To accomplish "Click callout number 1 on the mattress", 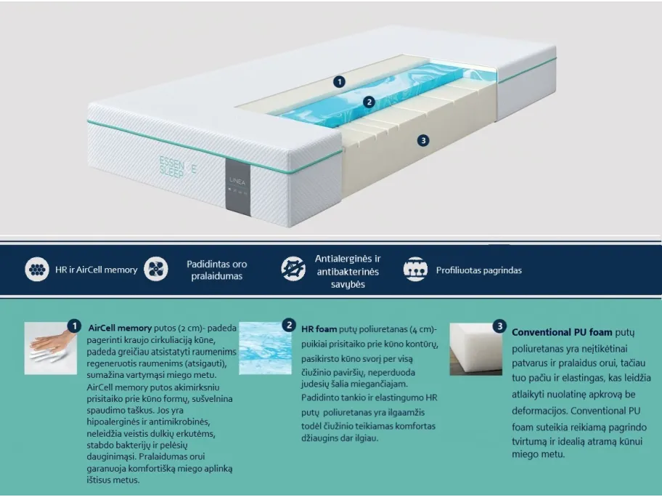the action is point(339,81).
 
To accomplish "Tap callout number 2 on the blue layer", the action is point(369,102).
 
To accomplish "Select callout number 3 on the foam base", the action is point(423,141).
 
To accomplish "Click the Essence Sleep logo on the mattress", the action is point(178,167).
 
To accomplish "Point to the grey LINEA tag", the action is point(237,187).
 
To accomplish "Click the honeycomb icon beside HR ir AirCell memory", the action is point(37,269).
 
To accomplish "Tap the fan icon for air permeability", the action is point(156,269).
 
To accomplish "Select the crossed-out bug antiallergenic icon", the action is point(293,269).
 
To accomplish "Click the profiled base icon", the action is point(415,269).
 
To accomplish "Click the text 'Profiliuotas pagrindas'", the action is point(479,270).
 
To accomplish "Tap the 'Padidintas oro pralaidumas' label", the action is point(216,270).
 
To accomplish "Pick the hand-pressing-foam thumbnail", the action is point(51,348).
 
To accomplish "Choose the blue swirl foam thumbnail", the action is point(265,348).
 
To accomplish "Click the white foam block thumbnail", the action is point(476,349).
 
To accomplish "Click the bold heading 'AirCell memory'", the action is point(120,328).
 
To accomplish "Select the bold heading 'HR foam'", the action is point(319,329).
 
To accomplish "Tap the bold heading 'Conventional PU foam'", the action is point(562,332).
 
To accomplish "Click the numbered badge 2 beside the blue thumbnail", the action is point(289,326).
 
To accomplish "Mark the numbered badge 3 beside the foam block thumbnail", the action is point(499,326).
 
